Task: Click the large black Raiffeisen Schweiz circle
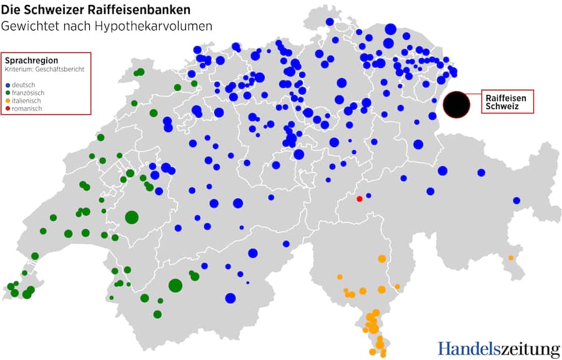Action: (456, 104)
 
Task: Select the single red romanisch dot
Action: (359, 199)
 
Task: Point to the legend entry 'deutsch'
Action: (24, 84)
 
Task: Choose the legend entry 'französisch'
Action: (28, 92)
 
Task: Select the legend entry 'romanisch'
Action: (26, 109)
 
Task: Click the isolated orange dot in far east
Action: (511, 258)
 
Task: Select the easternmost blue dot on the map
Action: (516, 200)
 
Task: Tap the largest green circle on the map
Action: (131, 217)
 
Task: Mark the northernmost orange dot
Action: (382, 258)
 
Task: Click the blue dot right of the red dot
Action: (368, 195)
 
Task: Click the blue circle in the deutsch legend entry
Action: (7, 85)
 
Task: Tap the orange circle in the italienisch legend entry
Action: (7, 101)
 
